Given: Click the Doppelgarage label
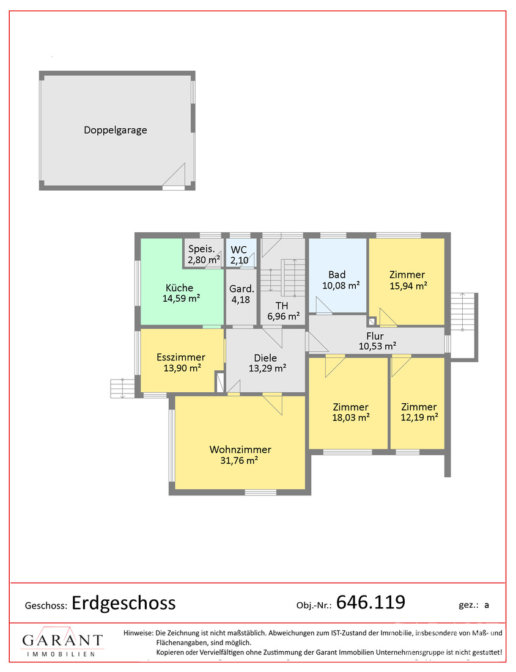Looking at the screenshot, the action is [116, 130].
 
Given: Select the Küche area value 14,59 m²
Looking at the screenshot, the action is [181, 298].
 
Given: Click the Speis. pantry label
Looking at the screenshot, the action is [201, 249].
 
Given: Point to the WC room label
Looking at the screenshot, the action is [239, 249].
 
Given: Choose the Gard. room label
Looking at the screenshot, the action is [241, 289].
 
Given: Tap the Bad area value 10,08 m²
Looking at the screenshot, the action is [341, 285].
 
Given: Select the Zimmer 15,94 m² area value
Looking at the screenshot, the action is [408, 286].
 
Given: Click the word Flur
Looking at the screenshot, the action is [375, 336].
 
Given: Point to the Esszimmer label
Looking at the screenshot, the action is [181, 357].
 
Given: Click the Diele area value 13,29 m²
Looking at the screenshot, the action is [268, 368].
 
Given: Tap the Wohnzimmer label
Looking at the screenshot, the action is [240, 450].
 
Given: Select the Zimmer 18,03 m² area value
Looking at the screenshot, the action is [351, 417].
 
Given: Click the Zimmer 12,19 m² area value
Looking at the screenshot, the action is [419, 417].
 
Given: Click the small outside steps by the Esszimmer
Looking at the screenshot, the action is [123, 389].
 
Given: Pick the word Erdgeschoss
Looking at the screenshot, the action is [123, 604].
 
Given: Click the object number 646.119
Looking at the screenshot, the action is [370, 602].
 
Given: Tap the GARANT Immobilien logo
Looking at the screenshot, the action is [62, 642].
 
